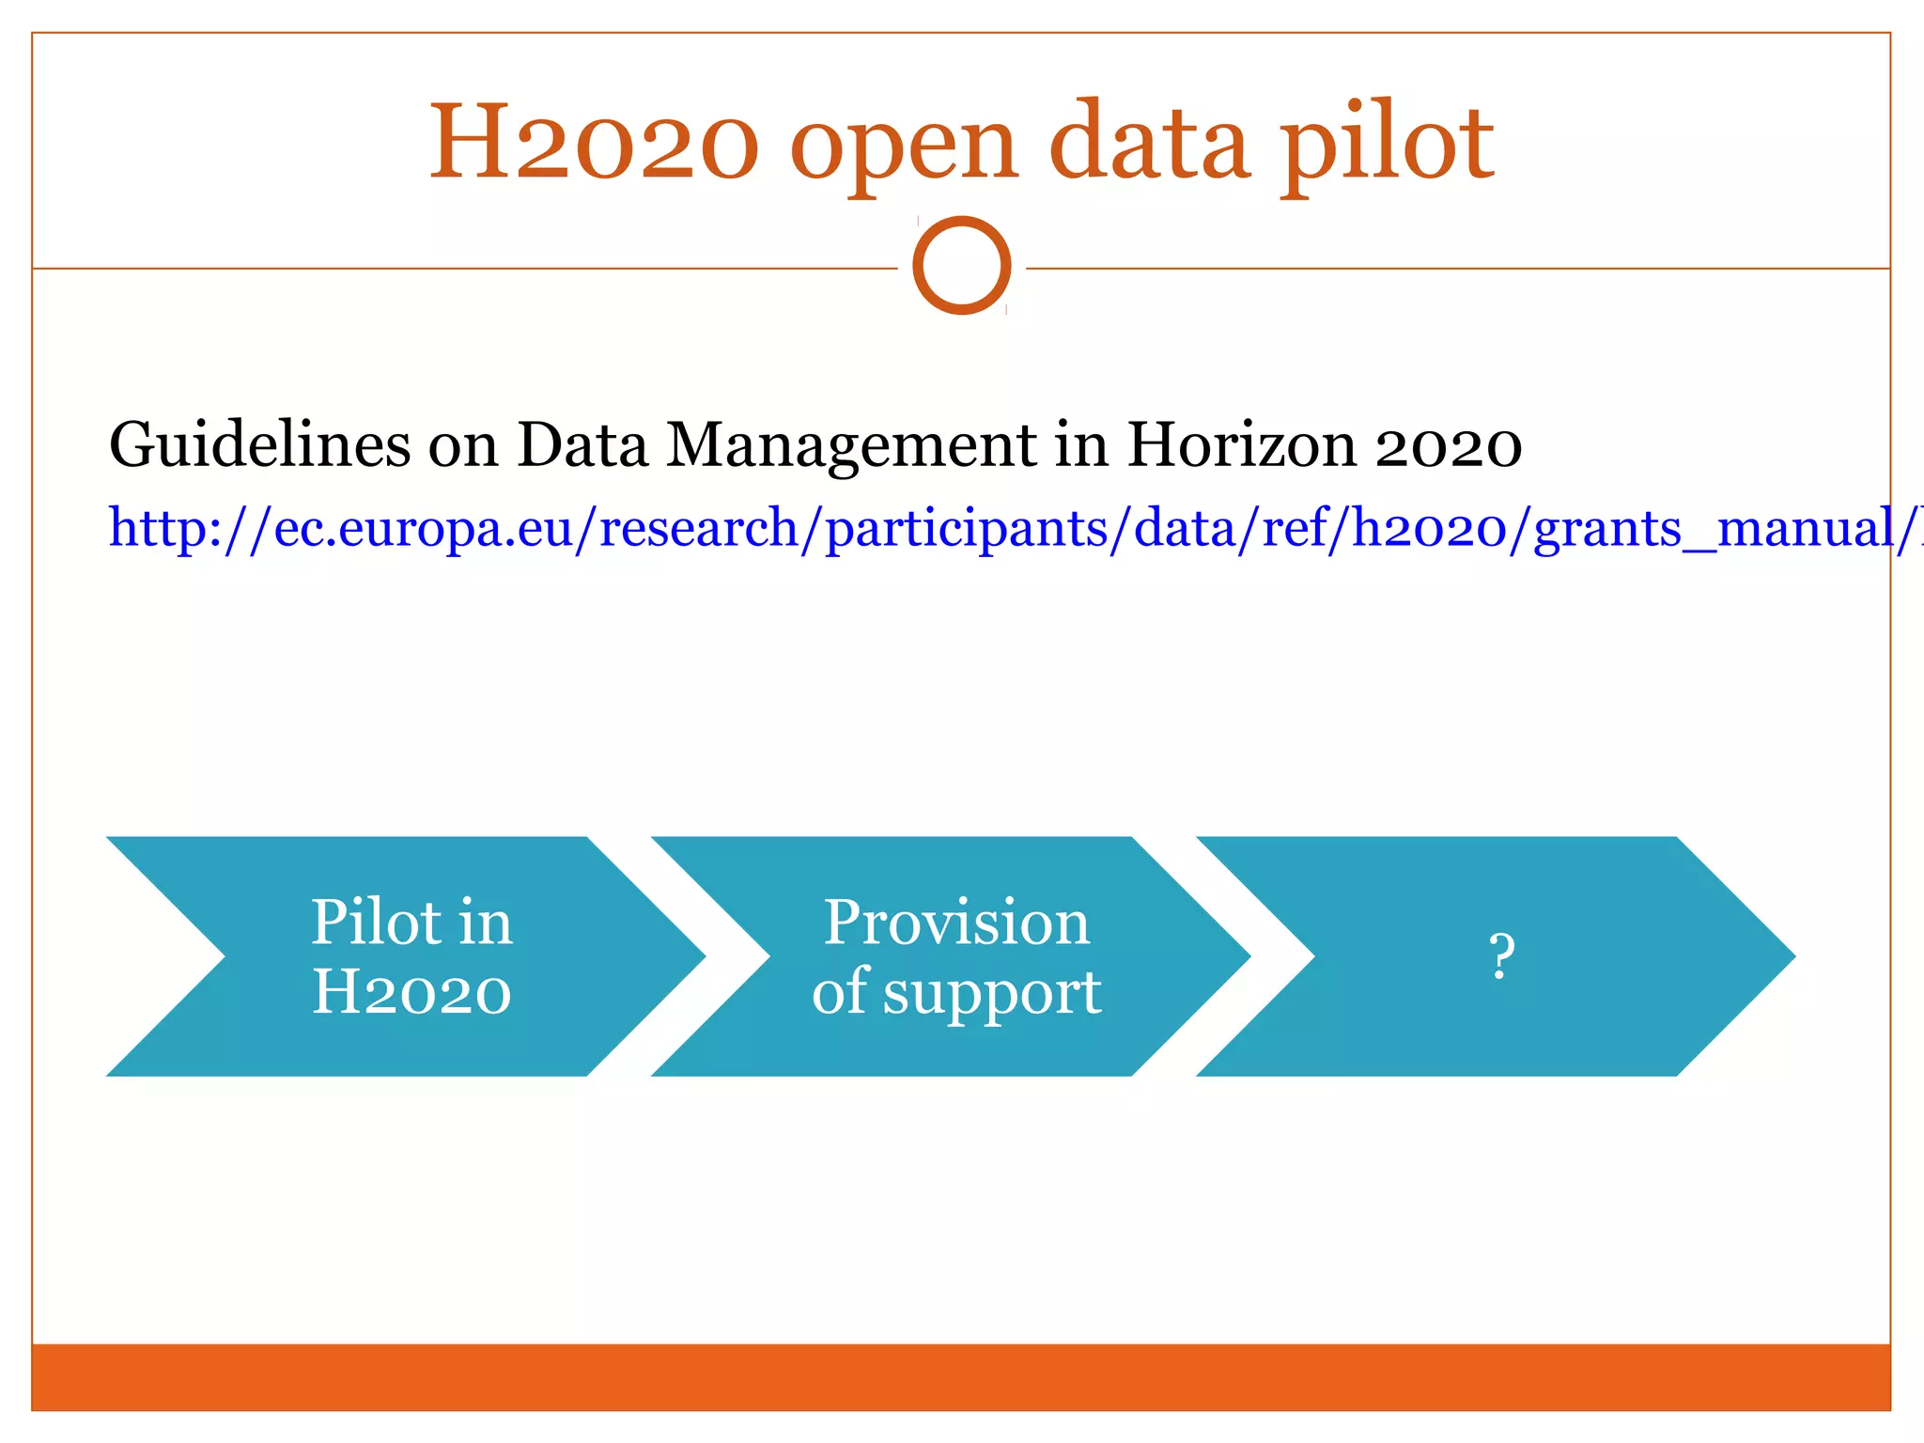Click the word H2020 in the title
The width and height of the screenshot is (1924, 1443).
(x=593, y=143)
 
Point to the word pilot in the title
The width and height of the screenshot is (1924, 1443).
(x=1388, y=145)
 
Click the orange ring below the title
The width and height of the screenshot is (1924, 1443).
(x=962, y=265)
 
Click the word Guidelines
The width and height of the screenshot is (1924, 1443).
(x=259, y=444)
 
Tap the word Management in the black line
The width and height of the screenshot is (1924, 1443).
(x=851, y=446)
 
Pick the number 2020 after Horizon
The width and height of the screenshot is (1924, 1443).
(x=1448, y=445)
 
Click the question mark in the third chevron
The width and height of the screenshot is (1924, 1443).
(x=1501, y=956)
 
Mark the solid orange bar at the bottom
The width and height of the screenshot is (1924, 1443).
(x=960, y=1376)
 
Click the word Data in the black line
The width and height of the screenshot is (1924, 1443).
(x=582, y=444)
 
